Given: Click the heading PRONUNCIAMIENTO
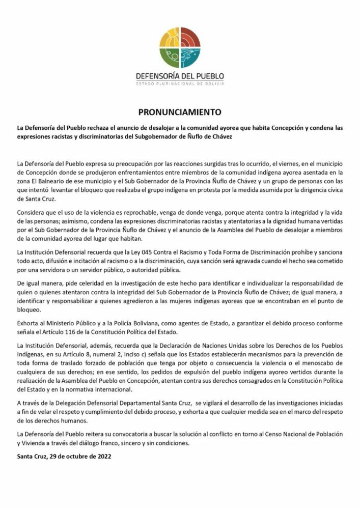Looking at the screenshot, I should click(x=180, y=111).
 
